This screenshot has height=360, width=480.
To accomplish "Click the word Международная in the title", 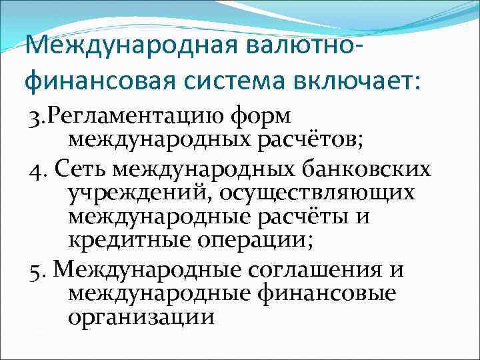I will point(130,47).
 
